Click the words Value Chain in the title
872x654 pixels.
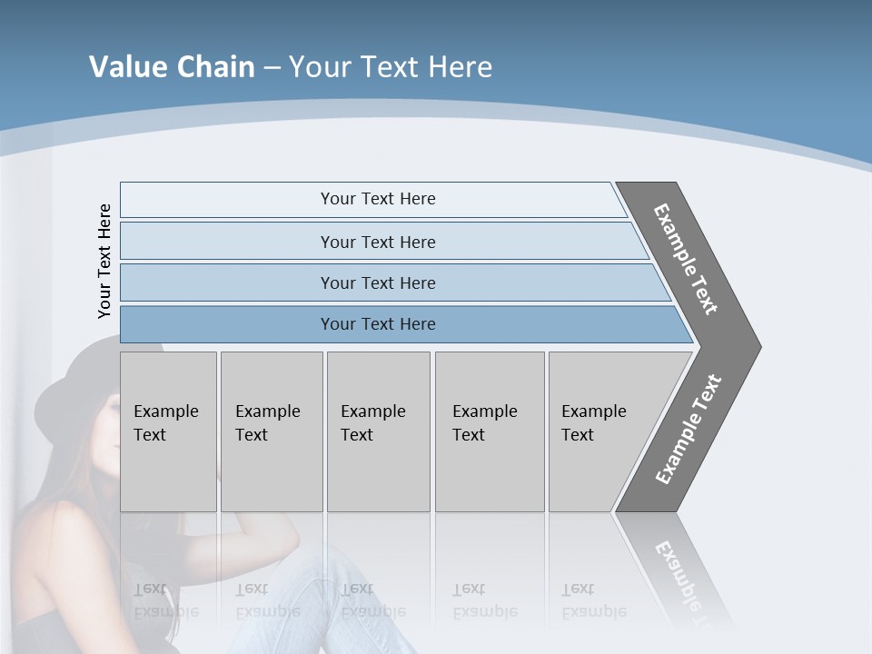pyautogui.click(x=172, y=67)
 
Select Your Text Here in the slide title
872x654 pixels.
pyautogui.click(x=391, y=67)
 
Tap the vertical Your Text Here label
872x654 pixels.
pyautogui.click(x=104, y=262)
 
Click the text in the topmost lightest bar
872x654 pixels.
pyautogui.click(x=378, y=199)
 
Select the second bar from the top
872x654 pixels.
pyautogui.click(x=378, y=242)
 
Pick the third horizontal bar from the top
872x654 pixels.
pyautogui.click(x=378, y=283)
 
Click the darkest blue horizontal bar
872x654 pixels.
pyautogui.click(x=378, y=324)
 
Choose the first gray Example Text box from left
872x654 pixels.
pyautogui.click(x=168, y=431)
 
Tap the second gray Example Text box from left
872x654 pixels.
pyautogui.click(x=271, y=431)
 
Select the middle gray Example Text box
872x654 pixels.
pyautogui.click(x=378, y=431)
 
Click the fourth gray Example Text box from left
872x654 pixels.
pyautogui.click(x=489, y=431)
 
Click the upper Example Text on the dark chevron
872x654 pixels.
pyautogui.click(x=686, y=259)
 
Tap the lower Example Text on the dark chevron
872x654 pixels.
pyautogui.click(x=688, y=430)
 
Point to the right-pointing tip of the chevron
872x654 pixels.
pyautogui.click(x=756, y=346)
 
